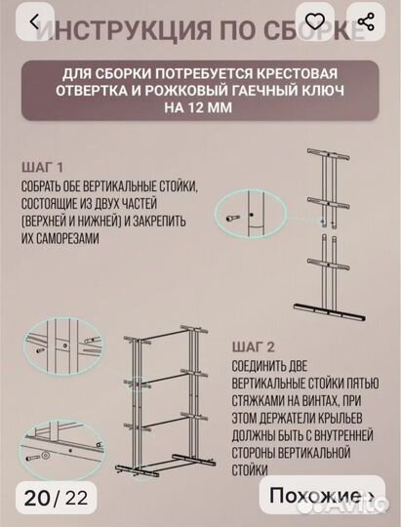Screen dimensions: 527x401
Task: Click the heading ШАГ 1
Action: point(40,166)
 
